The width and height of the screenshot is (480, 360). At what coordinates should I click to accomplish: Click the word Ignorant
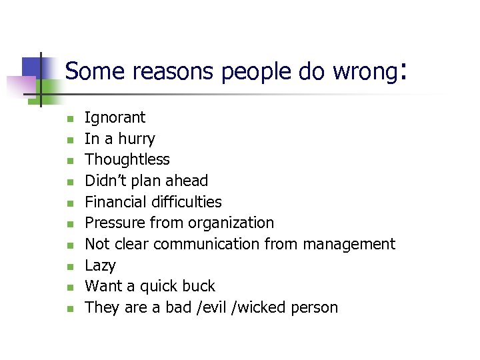(115, 118)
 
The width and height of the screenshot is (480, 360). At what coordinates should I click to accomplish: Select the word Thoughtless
(127, 159)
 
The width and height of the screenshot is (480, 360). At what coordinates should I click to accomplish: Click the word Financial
(117, 202)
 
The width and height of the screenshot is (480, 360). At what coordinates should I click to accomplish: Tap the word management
(349, 245)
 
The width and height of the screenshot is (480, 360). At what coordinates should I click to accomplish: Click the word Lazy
(100, 266)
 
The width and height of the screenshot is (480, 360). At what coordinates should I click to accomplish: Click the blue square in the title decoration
(33, 67)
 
